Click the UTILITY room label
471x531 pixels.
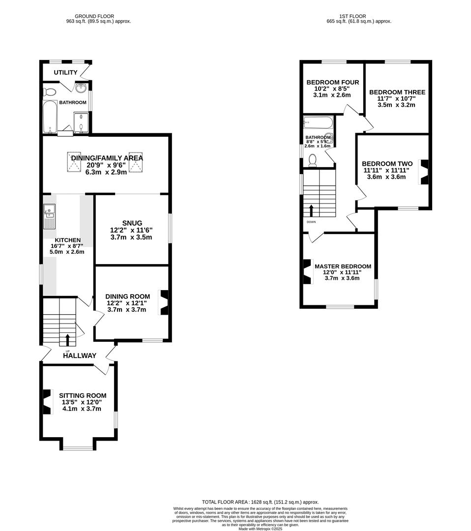[x=65, y=73]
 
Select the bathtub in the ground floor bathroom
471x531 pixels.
[x=50, y=117]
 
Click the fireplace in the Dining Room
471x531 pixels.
[x=164, y=302]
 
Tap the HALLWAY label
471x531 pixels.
[x=79, y=355]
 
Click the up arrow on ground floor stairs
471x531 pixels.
[x=67, y=339]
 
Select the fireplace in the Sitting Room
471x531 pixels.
[x=47, y=402]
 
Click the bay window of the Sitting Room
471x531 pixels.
[x=78, y=447]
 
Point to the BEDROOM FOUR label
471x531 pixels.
[x=332, y=82]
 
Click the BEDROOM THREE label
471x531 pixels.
[x=397, y=92]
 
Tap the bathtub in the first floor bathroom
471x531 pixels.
[x=318, y=122]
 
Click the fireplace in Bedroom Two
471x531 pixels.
[x=423, y=172]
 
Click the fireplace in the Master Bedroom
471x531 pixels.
[x=307, y=271]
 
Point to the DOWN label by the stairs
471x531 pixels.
[x=311, y=222]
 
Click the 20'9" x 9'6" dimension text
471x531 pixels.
[x=107, y=165]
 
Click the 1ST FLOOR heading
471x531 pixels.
[x=352, y=16]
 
